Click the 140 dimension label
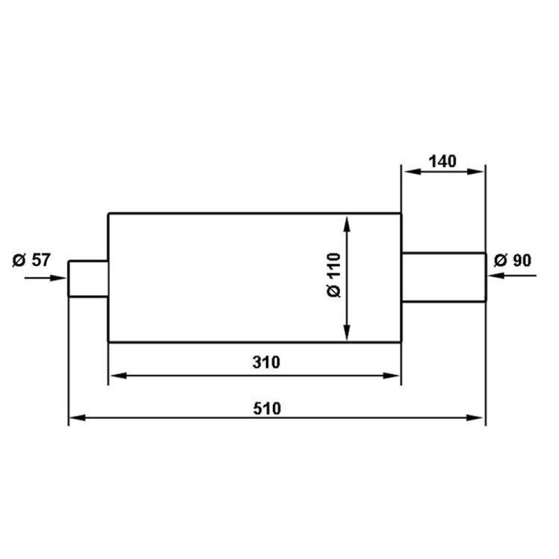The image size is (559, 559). tap(442, 162)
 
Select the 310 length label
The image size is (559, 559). tap(266, 362)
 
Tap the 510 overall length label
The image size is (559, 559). tap(267, 409)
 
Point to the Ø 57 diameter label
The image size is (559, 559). tap(32, 260)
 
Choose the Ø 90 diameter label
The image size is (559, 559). tap(513, 260)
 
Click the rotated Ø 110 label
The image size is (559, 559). tap(334, 275)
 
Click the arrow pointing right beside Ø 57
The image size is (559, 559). tap(45, 278)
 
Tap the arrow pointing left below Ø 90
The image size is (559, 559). tap(512, 276)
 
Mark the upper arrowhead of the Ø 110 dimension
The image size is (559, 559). tap(348, 224)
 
